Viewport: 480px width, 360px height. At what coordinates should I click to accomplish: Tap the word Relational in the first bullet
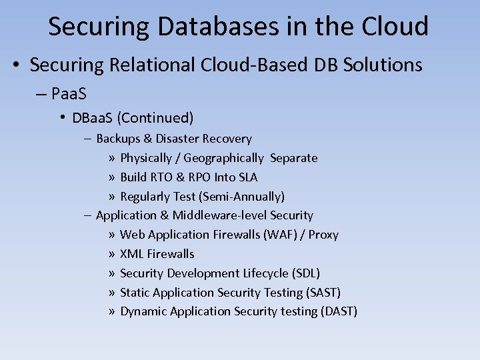pyautogui.click(x=150, y=65)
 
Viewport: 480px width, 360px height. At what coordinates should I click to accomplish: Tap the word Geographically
pyautogui.click(x=223, y=158)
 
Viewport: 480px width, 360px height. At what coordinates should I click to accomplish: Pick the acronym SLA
pyautogui.click(x=246, y=177)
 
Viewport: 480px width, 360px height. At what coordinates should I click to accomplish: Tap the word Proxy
pyautogui.click(x=323, y=235)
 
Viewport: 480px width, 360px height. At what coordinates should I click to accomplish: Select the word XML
pyautogui.click(x=131, y=254)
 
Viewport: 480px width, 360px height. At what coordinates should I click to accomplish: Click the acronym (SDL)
pyautogui.click(x=306, y=273)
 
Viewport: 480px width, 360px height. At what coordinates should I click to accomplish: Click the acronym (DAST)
pyautogui.click(x=339, y=311)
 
